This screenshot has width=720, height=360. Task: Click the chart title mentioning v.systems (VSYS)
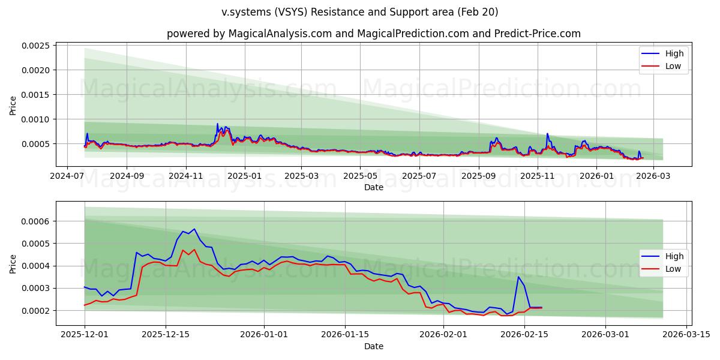(x=360, y=12)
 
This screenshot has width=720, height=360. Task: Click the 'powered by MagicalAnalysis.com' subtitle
(x=373, y=34)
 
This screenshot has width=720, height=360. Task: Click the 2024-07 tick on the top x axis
(x=67, y=176)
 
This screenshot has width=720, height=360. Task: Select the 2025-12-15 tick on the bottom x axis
(x=165, y=335)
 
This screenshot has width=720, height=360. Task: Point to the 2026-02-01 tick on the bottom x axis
(x=443, y=335)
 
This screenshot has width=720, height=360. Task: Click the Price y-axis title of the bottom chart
(x=13, y=263)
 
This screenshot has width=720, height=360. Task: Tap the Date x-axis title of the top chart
(x=373, y=187)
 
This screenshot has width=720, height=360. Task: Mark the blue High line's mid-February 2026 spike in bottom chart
(x=518, y=277)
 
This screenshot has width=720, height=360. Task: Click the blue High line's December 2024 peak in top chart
(x=217, y=124)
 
